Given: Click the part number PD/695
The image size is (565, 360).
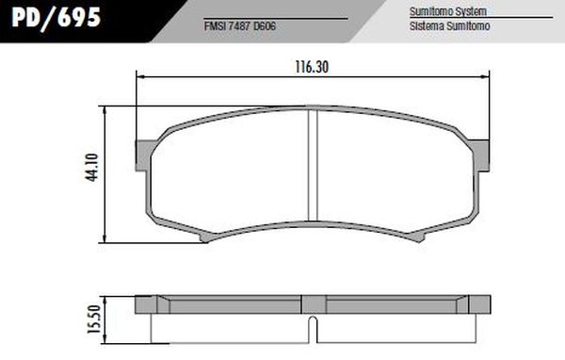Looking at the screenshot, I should [x=53, y=19].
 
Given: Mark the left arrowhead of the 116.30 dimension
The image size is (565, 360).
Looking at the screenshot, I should [x=141, y=79].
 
